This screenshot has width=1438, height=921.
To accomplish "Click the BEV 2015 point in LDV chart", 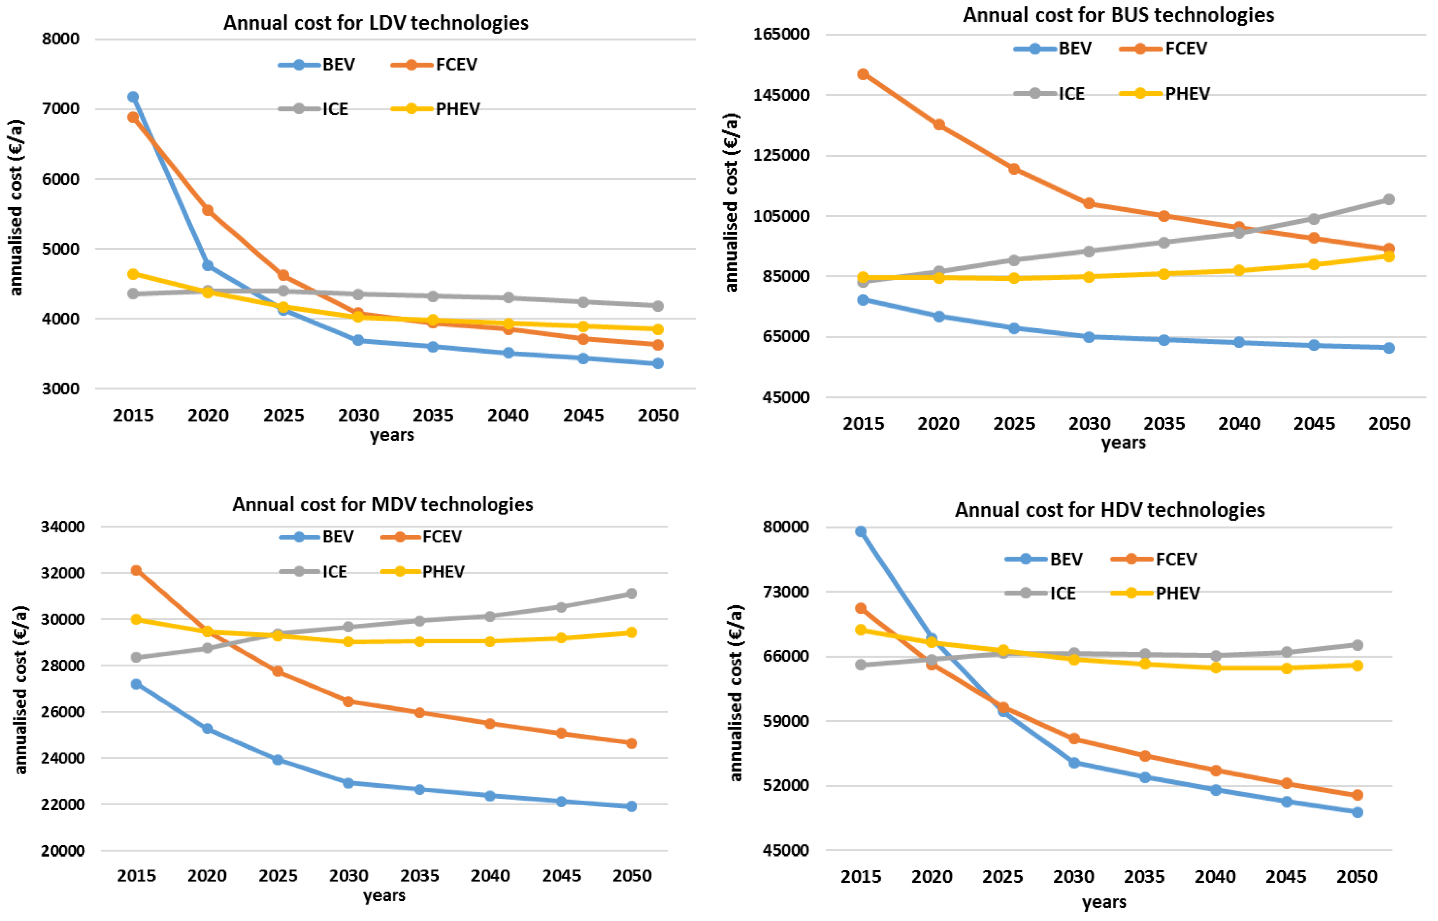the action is [133, 97].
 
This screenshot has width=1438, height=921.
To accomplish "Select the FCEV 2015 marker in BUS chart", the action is [863, 74].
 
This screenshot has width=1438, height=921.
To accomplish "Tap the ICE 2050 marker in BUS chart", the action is [1389, 199].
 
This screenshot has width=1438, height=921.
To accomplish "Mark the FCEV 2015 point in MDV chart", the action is [136, 570].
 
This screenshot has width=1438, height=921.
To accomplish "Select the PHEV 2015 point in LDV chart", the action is [133, 274].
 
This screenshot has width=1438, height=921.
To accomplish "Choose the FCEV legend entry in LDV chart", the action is [434, 65].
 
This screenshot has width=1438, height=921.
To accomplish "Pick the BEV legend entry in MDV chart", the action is [316, 536].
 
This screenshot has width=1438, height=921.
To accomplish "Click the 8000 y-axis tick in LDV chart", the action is [61, 39].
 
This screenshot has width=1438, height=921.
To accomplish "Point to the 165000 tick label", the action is [781, 34].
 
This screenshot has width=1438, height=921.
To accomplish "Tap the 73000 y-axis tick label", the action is [786, 592].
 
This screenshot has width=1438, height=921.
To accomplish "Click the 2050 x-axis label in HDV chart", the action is [1357, 877].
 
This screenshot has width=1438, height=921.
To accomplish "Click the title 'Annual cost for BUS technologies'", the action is [1118, 15].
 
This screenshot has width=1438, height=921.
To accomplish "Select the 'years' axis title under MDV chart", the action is [384, 895].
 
